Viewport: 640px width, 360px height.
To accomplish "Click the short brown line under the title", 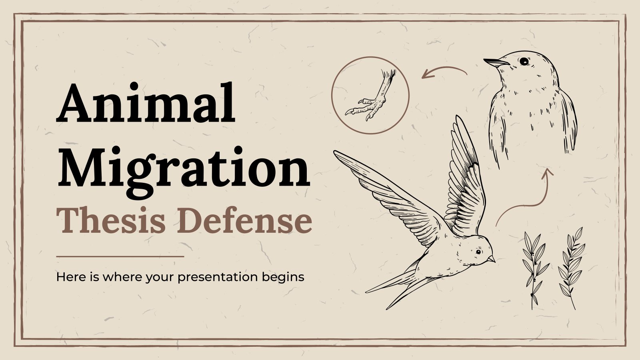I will pos(120,256).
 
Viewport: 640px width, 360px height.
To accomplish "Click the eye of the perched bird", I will pos(523,61).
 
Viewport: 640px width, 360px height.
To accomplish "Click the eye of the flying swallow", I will pos(478,252).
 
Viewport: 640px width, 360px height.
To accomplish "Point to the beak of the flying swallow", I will pos(492,260).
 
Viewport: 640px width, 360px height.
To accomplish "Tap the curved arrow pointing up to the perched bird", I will pos(528,196).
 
